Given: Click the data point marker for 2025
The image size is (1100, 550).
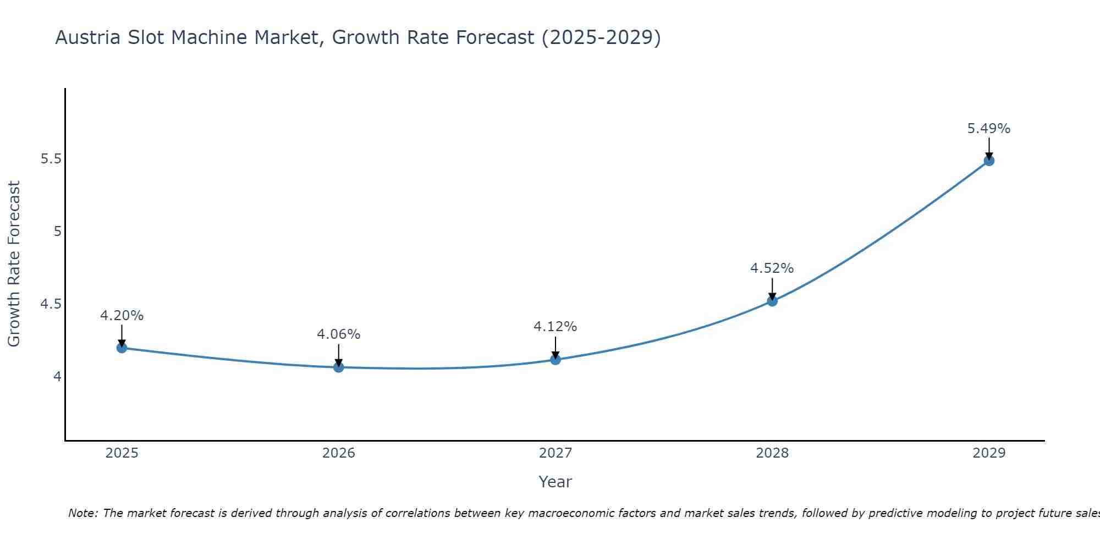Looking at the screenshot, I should click(x=122, y=348).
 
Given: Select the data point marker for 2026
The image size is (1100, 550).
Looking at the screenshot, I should click(x=339, y=367).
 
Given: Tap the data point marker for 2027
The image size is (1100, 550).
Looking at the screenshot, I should click(x=555, y=359).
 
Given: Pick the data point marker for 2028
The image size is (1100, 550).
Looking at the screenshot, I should click(x=772, y=301).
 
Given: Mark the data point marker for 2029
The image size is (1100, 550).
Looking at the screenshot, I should click(x=989, y=161).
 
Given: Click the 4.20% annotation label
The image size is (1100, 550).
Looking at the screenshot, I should click(x=122, y=316).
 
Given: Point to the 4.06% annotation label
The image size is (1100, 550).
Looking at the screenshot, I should click(x=339, y=334).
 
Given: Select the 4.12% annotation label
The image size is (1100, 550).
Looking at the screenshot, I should click(x=555, y=327).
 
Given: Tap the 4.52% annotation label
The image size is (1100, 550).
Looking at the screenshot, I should click(x=772, y=268).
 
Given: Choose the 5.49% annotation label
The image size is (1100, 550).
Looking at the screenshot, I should click(x=989, y=129).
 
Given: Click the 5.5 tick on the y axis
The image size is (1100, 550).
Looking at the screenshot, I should click(x=51, y=159).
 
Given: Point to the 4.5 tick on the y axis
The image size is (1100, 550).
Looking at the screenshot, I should click(x=51, y=304).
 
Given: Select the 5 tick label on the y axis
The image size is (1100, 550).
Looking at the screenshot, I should click(x=57, y=232).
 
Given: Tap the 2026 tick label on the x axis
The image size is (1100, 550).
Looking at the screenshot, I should click(x=339, y=453).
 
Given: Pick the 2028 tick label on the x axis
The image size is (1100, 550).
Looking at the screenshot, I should click(x=772, y=453).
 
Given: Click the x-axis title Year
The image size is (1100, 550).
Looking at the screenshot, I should click(x=555, y=482).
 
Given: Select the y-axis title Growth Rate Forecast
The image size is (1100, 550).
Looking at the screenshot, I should click(x=14, y=264).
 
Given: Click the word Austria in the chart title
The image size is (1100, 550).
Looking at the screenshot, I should click(x=88, y=38).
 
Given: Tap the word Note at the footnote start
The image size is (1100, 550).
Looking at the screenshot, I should click(x=82, y=513).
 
